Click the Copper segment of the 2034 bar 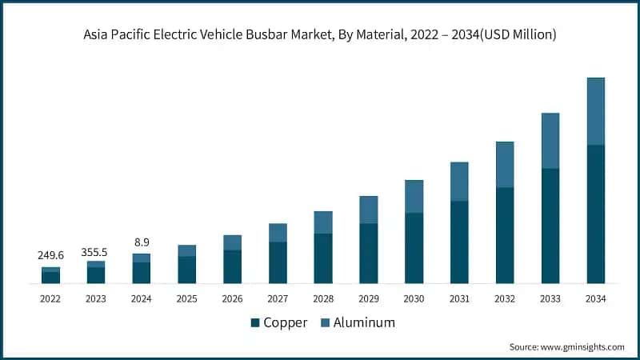pyautogui.click(x=595, y=214)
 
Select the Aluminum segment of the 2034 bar pyautogui.click(x=595, y=111)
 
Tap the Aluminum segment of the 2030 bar pyautogui.click(x=414, y=197)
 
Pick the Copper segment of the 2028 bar pyautogui.click(x=322, y=258)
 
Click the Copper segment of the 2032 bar pyautogui.click(x=505, y=235)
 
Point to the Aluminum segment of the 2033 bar pyautogui.click(x=550, y=141)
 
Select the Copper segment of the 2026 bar pyautogui.click(x=232, y=266)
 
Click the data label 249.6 pyautogui.click(x=50, y=255)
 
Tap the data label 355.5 pyautogui.click(x=96, y=251)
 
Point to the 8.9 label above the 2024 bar pyautogui.click(x=141, y=242)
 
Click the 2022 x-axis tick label pyautogui.click(x=50, y=298)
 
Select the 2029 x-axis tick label pyautogui.click(x=368, y=298)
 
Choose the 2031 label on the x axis pyautogui.click(x=459, y=298)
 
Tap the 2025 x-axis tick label pyautogui.click(x=186, y=298)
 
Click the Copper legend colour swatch pyautogui.click(x=255, y=322)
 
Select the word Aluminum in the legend pyautogui.click(x=365, y=322)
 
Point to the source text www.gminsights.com pyautogui.click(x=582, y=347)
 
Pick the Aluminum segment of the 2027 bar pyautogui.click(x=278, y=233)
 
